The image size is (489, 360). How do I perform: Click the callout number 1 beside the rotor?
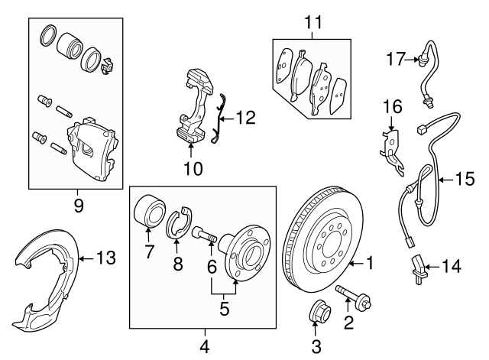(369, 265)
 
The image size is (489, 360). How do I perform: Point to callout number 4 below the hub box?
(205, 345)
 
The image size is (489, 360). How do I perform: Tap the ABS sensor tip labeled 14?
(417, 271)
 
